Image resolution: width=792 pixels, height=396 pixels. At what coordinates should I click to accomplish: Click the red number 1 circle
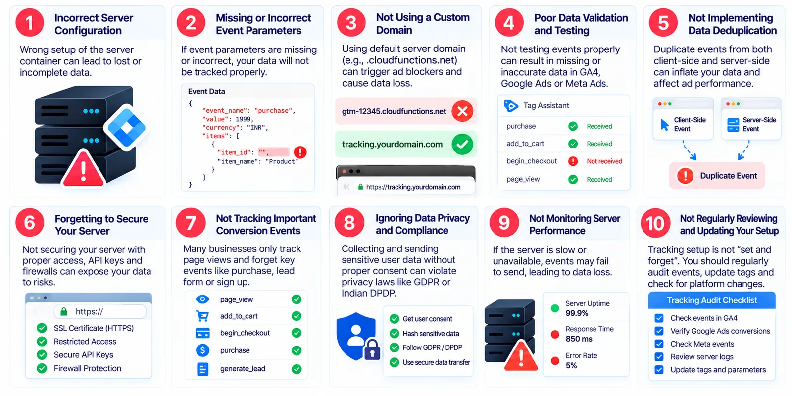coord(30,23)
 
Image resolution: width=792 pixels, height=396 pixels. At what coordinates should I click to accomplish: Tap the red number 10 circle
coord(655,223)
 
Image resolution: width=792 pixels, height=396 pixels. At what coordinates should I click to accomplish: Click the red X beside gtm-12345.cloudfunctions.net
coord(462,111)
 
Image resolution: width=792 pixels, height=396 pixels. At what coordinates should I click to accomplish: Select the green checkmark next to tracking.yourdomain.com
coord(462,144)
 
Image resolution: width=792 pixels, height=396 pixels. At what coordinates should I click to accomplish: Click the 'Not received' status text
coord(604,161)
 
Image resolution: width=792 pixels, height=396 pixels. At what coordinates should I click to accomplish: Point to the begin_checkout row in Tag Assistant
coord(564,161)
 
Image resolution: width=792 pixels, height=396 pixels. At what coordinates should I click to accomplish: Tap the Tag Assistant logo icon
coord(511,106)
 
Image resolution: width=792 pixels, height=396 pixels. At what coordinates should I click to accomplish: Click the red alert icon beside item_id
coord(300,152)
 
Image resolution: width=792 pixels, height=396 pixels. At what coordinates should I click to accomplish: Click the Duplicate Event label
coord(728,176)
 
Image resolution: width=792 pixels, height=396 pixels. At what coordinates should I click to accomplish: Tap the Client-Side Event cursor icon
coord(664,125)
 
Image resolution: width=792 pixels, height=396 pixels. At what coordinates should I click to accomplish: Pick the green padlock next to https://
coord(64,311)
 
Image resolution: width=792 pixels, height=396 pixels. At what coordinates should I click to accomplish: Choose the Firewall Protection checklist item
coord(87,368)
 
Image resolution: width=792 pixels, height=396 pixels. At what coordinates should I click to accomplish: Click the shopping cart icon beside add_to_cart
coord(202,316)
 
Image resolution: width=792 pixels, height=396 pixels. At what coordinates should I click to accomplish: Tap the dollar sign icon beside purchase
coord(202,350)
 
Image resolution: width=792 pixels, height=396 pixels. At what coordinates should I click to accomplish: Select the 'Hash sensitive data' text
coord(431,334)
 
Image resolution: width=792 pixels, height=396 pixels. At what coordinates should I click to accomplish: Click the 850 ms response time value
coord(579,339)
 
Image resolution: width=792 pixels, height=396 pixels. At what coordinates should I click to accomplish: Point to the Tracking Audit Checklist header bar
coord(712,300)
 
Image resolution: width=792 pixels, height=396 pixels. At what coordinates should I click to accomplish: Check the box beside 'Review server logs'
coord(659,357)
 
